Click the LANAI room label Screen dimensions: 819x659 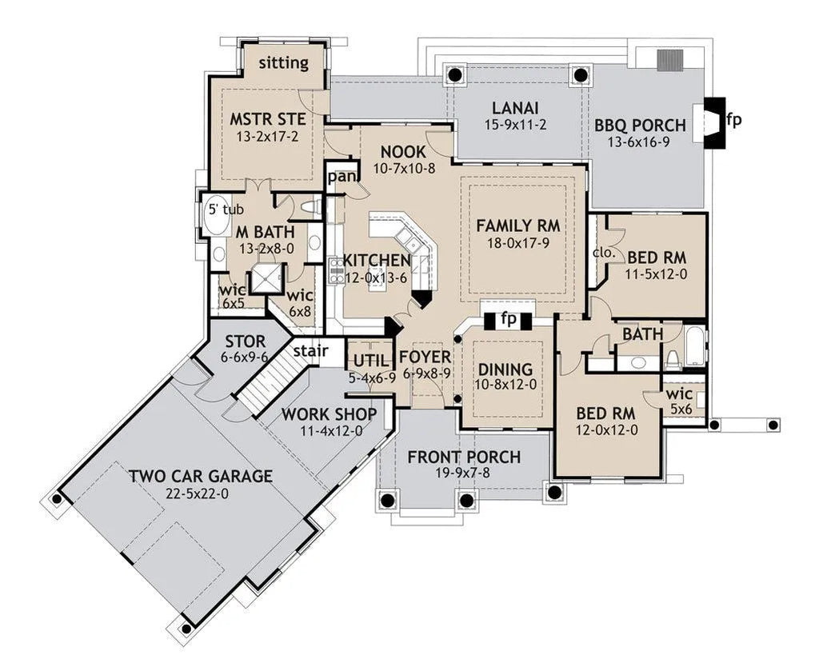pyautogui.click(x=515, y=108)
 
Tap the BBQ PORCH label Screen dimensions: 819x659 pyautogui.click(x=640, y=126)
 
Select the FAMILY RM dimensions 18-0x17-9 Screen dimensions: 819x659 pyautogui.click(x=517, y=243)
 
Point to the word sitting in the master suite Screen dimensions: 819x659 pyautogui.click(x=284, y=63)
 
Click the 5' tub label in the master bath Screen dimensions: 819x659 pyautogui.click(x=226, y=210)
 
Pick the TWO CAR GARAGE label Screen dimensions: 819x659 pyautogui.click(x=201, y=476)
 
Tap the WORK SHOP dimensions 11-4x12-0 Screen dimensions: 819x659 pyautogui.click(x=331, y=431)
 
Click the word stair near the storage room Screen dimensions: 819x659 pyautogui.click(x=310, y=351)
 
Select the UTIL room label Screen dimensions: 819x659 pyautogui.click(x=371, y=361)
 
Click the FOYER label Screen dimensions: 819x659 pyautogui.click(x=425, y=357)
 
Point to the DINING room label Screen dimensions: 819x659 pyautogui.click(x=505, y=369)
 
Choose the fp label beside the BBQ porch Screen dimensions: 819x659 pyautogui.click(x=733, y=121)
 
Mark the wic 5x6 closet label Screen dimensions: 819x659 pyautogui.click(x=681, y=401)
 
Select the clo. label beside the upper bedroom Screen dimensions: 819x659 pyautogui.click(x=605, y=254)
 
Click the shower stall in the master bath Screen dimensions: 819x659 pyautogui.click(x=266, y=278)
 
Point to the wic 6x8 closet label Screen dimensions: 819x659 pyautogui.click(x=300, y=303)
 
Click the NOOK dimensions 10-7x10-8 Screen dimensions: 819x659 pyautogui.click(x=404, y=169)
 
